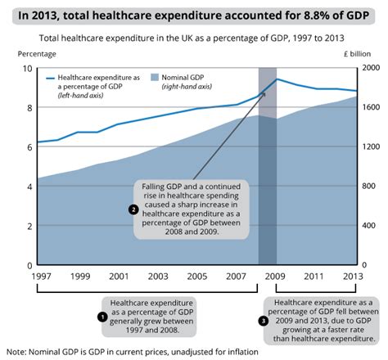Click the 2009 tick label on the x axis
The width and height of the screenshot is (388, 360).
[x=277, y=276]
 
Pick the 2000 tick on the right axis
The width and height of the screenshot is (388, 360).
[x=372, y=69]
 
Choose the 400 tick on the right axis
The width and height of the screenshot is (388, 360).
[x=369, y=226]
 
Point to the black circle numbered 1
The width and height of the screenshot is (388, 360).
[x=102, y=315]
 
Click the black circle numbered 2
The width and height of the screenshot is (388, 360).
[x=133, y=209]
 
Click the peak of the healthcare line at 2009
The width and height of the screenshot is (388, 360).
[x=277, y=79]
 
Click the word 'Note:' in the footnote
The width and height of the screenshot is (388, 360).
[x=19, y=351]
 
